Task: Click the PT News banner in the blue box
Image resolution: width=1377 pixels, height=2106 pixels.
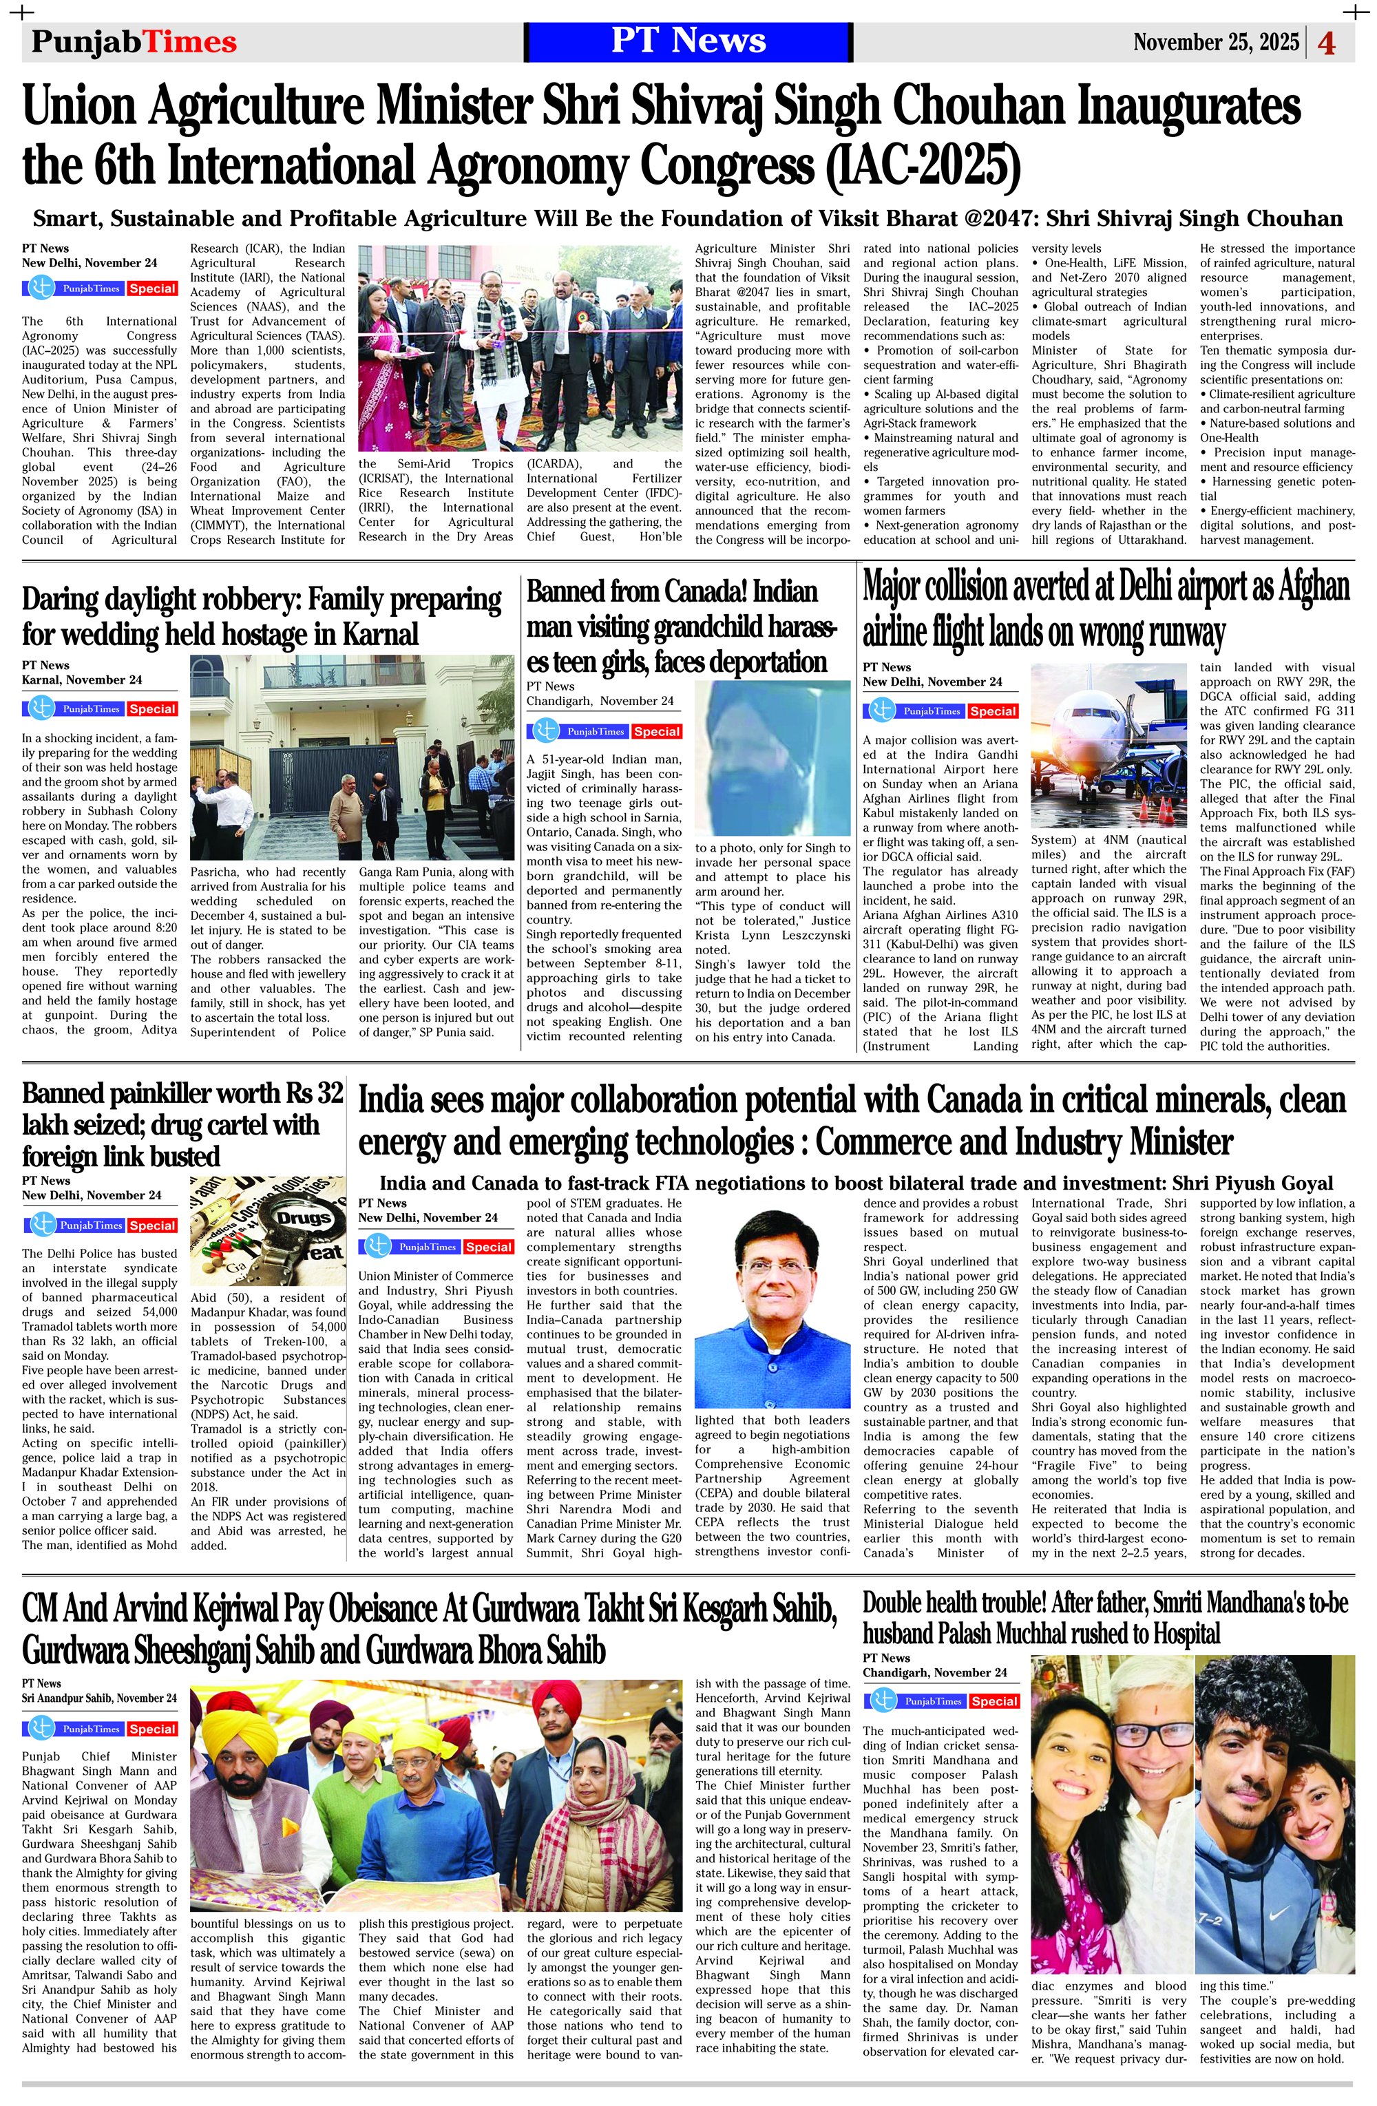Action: pos(688,41)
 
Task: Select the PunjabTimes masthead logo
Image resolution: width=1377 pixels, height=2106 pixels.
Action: pos(134,41)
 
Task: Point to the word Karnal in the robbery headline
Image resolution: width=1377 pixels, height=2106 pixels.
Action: pos(372,635)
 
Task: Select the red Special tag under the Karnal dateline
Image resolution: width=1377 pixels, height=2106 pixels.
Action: pos(151,710)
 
